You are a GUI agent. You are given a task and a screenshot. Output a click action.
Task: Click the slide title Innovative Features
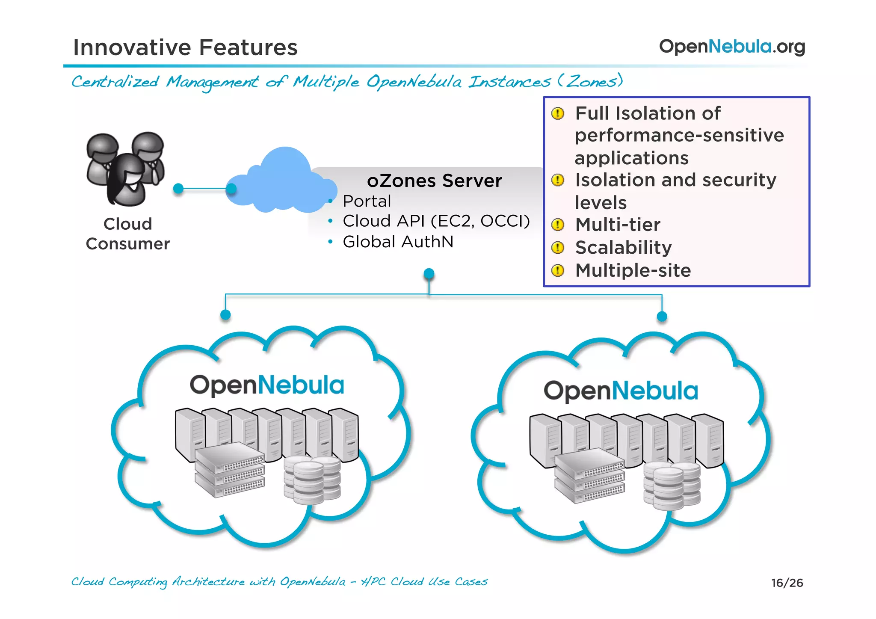[185, 47]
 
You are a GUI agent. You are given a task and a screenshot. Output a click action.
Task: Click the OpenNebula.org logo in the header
[732, 46]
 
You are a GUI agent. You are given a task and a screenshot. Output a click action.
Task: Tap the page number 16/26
[787, 583]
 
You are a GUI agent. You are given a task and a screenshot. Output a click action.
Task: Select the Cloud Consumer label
[127, 234]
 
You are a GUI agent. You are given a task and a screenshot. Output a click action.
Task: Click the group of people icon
[125, 168]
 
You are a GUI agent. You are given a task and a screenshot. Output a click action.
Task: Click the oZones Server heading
[434, 181]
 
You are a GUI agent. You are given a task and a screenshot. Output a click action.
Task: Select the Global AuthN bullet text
[398, 242]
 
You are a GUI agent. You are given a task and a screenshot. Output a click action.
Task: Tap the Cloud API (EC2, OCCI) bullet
[436, 221]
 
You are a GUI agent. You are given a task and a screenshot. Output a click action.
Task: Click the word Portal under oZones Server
[367, 201]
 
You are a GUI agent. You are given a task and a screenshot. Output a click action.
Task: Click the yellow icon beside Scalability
[558, 248]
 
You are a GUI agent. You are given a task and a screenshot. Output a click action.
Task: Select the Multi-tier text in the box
[618, 225]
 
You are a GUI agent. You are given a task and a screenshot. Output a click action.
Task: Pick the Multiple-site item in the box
[633, 270]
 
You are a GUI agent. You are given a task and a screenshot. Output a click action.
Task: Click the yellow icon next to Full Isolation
[558, 113]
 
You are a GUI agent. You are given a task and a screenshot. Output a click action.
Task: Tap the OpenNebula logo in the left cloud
[267, 385]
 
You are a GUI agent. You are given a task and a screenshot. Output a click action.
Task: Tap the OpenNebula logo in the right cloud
[620, 391]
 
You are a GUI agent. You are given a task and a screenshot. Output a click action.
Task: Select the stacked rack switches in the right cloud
[589, 476]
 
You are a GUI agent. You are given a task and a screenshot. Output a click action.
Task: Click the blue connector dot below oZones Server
[429, 273]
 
